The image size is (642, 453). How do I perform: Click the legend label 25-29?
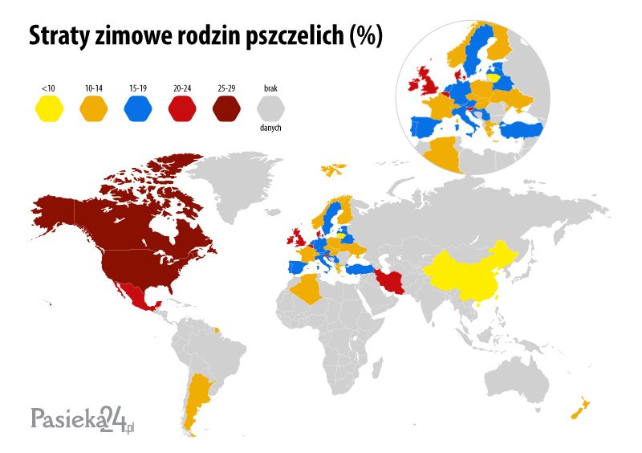[x=226, y=86]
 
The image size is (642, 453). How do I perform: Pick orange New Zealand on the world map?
[x=579, y=409]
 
